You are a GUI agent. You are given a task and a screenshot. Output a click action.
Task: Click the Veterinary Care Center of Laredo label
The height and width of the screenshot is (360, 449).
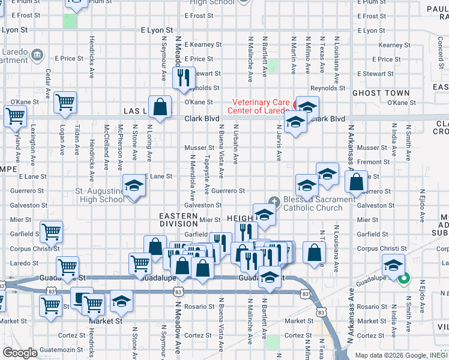260,106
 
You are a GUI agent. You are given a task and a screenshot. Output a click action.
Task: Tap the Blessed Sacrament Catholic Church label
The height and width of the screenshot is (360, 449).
313,204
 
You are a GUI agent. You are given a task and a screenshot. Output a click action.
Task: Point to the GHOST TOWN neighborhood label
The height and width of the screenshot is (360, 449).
381,93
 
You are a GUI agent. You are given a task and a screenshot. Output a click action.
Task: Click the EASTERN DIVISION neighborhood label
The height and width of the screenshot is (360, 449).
178,220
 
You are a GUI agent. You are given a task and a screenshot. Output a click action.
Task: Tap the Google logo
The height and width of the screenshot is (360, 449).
20,353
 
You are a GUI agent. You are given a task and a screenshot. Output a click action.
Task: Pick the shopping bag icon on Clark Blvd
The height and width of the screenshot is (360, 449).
160,107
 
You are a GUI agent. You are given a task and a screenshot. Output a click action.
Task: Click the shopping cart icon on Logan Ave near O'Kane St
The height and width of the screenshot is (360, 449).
64,102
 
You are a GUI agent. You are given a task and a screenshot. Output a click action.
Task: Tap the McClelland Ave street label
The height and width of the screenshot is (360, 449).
106,143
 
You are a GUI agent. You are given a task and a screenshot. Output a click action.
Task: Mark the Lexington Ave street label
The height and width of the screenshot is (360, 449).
34,143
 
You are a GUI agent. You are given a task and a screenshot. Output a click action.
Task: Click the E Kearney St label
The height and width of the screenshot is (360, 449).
203,44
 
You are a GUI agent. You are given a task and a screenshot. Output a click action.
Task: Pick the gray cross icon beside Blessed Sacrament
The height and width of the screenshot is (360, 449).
274,200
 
